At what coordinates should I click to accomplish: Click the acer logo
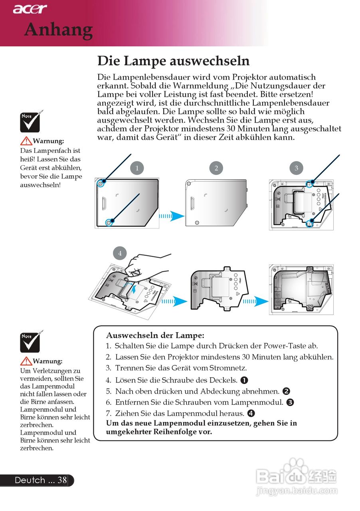pyautogui.click(x=30, y=8)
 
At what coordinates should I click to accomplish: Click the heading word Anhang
pyautogui.click(x=58, y=30)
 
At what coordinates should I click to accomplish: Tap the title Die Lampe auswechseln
pyautogui.click(x=174, y=61)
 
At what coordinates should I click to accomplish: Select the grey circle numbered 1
pyautogui.click(x=137, y=168)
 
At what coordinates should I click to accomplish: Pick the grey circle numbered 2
pyautogui.click(x=216, y=168)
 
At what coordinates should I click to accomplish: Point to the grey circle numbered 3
pyautogui.click(x=296, y=168)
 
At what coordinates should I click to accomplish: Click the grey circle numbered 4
pyautogui.click(x=120, y=253)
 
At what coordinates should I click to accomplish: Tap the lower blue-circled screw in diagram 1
pyautogui.click(x=109, y=222)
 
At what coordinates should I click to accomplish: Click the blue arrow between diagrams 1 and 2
pyautogui.click(x=172, y=216)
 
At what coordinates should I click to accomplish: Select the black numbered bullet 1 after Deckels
pyautogui.click(x=244, y=380)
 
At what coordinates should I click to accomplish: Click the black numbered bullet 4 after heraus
pyautogui.click(x=251, y=413)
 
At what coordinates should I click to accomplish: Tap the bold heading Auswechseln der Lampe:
pyautogui.click(x=155, y=336)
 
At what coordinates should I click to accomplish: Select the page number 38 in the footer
pyautogui.click(x=62, y=480)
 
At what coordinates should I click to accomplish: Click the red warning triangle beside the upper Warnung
pyautogui.click(x=27, y=141)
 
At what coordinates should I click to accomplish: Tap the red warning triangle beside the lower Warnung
pyautogui.click(x=27, y=361)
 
